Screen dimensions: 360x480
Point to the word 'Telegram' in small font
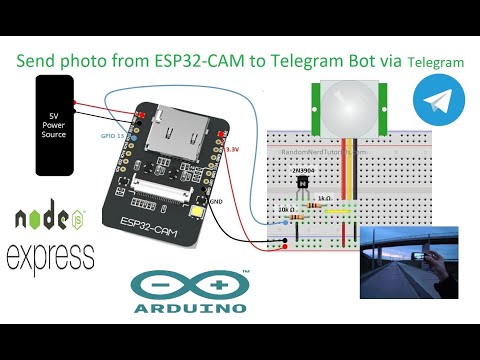click(x=436, y=62)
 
